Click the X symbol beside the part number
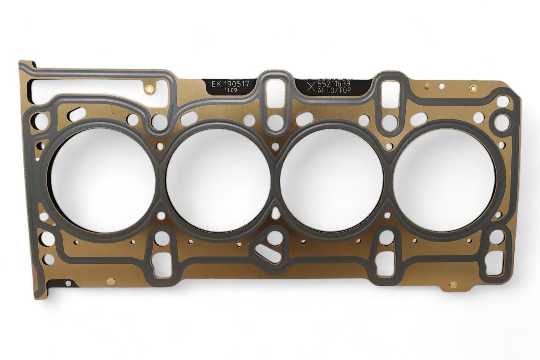(311, 88)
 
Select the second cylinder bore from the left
(218, 179)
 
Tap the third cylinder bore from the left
(332, 179)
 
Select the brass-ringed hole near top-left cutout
(148, 89)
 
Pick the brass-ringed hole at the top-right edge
(473, 88)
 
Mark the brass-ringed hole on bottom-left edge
(111, 281)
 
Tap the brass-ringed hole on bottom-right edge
(453, 285)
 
